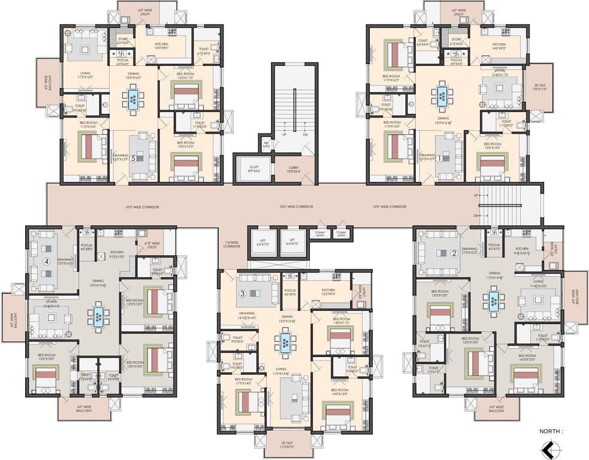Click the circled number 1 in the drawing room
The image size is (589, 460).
coord(439,159)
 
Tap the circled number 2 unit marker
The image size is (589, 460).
coord(454,253)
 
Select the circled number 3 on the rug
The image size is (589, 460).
coord(243,293)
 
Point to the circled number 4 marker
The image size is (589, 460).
coord(46,261)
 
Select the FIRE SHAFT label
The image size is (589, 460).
coord(266,144)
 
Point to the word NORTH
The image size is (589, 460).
coord(550,430)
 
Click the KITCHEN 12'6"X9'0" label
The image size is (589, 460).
coord(328,292)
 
